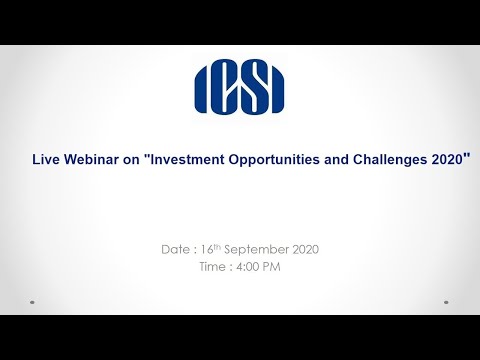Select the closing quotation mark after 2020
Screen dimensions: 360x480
tap(467, 155)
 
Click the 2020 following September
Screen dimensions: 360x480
tap(305, 248)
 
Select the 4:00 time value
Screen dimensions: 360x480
tap(245, 267)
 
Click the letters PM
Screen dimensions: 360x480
tap(270, 267)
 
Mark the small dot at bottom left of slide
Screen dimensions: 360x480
tap(32, 301)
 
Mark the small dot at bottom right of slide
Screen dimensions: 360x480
tap(448, 301)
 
